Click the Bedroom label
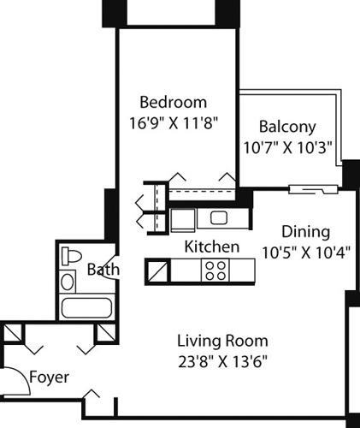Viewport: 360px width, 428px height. click(x=174, y=101)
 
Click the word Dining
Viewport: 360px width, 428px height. click(x=306, y=232)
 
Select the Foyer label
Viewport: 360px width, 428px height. click(x=49, y=377)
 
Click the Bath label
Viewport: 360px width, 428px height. click(x=103, y=270)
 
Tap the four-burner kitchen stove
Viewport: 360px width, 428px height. click(x=214, y=271)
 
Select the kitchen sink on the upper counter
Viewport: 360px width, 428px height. click(x=217, y=217)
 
